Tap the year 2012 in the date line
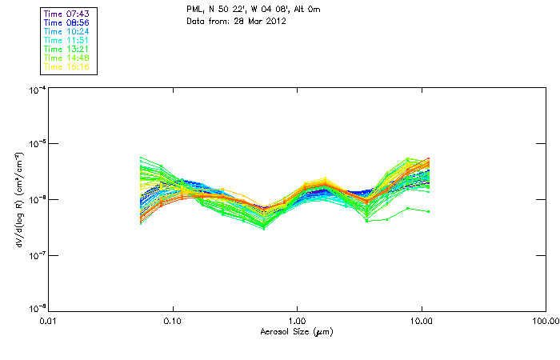click(x=275, y=21)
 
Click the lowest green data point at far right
click(x=429, y=211)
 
